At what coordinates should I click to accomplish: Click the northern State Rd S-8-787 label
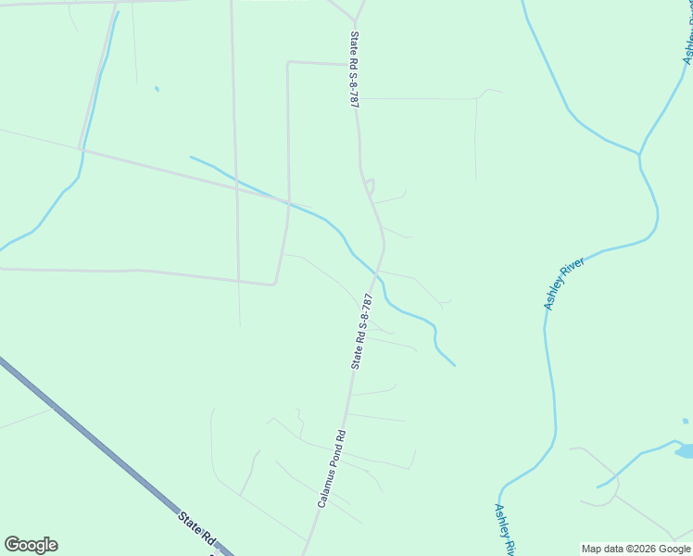[x=354, y=70]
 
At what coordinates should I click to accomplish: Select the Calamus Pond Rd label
[x=332, y=469]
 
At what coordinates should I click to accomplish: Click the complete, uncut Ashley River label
[x=565, y=284]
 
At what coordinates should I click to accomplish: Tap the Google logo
[x=31, y=545]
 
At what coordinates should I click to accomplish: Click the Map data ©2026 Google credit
[x=636, y=549]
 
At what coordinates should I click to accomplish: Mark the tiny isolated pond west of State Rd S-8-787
[x=157, y=89]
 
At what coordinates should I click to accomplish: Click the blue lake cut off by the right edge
[x=686, y=451]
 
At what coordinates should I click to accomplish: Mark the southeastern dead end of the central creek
[x=454, y=365]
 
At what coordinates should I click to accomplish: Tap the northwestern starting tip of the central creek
[x=191, y=157]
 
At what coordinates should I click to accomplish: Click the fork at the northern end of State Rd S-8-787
[x=356, y=20]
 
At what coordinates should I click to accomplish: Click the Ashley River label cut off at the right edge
[x=687, y=46]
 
